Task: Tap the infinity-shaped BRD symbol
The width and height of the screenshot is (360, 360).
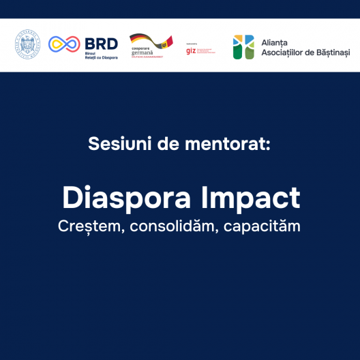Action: pos(63,44)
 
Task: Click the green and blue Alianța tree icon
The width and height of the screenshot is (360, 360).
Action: pos(243,46)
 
